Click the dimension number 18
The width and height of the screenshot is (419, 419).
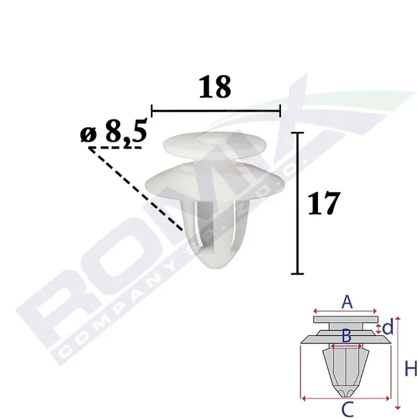point(215,87)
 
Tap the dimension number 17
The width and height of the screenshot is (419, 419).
point(324,203)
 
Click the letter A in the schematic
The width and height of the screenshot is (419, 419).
point(347,302)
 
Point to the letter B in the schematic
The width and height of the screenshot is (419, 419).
point(346,336)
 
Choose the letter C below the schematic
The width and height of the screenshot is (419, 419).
point(348,409)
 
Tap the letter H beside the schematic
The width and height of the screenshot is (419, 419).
point(411,369)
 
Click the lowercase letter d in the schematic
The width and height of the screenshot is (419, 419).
point(388,327)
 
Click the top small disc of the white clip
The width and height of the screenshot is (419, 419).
point(214,146)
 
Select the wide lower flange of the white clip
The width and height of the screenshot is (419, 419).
point(214,183)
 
